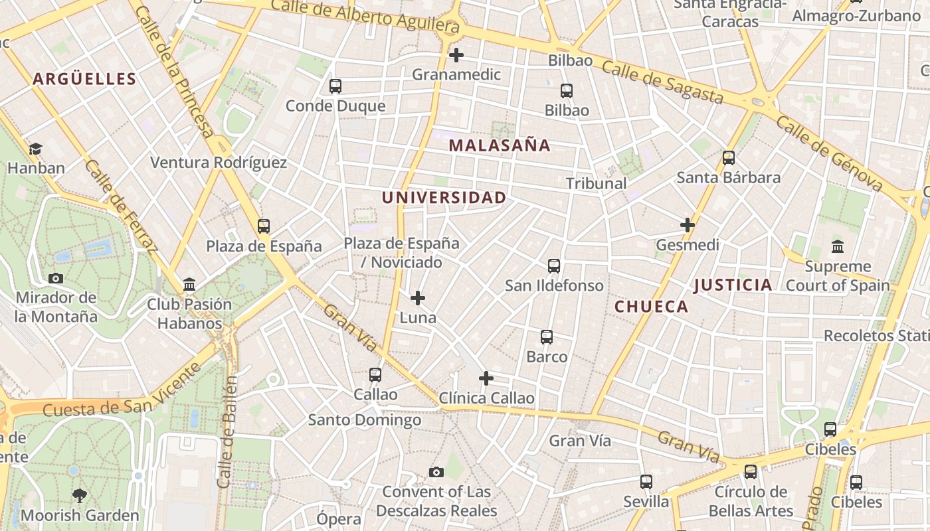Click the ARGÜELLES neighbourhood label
84,79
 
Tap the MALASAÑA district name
500,145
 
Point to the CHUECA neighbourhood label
651,307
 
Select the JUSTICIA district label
733,285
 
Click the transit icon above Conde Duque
335,86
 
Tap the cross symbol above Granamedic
456,54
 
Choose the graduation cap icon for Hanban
35,149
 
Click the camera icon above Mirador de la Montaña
56,278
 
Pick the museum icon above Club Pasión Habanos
189,284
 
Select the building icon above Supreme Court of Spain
838,246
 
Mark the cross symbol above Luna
418,297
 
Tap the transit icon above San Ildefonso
554,266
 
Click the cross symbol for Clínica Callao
486,378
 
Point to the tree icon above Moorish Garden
80,495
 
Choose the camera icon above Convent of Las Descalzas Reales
436,472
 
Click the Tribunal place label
596,183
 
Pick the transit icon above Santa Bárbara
729,158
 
